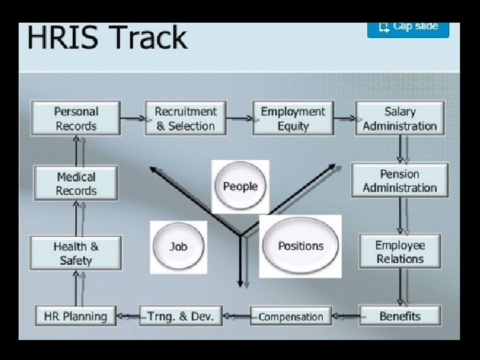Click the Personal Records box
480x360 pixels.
click(x=76, y=119)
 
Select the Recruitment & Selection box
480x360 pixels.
click(x=185, y=119)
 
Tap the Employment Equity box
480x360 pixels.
click(x=293, y=119)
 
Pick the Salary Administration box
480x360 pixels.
click(x=400, y=119)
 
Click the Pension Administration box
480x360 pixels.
click(x=400, y=181)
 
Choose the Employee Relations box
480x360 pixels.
click(x=400, y=251)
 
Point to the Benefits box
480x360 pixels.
click(x=400, y=316)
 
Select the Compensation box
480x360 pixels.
click(x=290, y=317)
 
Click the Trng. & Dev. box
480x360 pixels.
click(x=181, y=316)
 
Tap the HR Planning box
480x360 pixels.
click(x=75, y=316)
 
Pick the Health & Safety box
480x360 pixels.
click(x=76, y=253)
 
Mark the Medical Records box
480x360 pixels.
click(x=76, y=184)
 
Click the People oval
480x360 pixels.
click(x=240, y=187)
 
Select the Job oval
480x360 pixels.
click(x=178, y=247)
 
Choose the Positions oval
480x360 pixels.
click(x=300, y=246)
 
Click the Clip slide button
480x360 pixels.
click(x=408, y=27)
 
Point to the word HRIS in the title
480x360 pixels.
click(x=59, y=38)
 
